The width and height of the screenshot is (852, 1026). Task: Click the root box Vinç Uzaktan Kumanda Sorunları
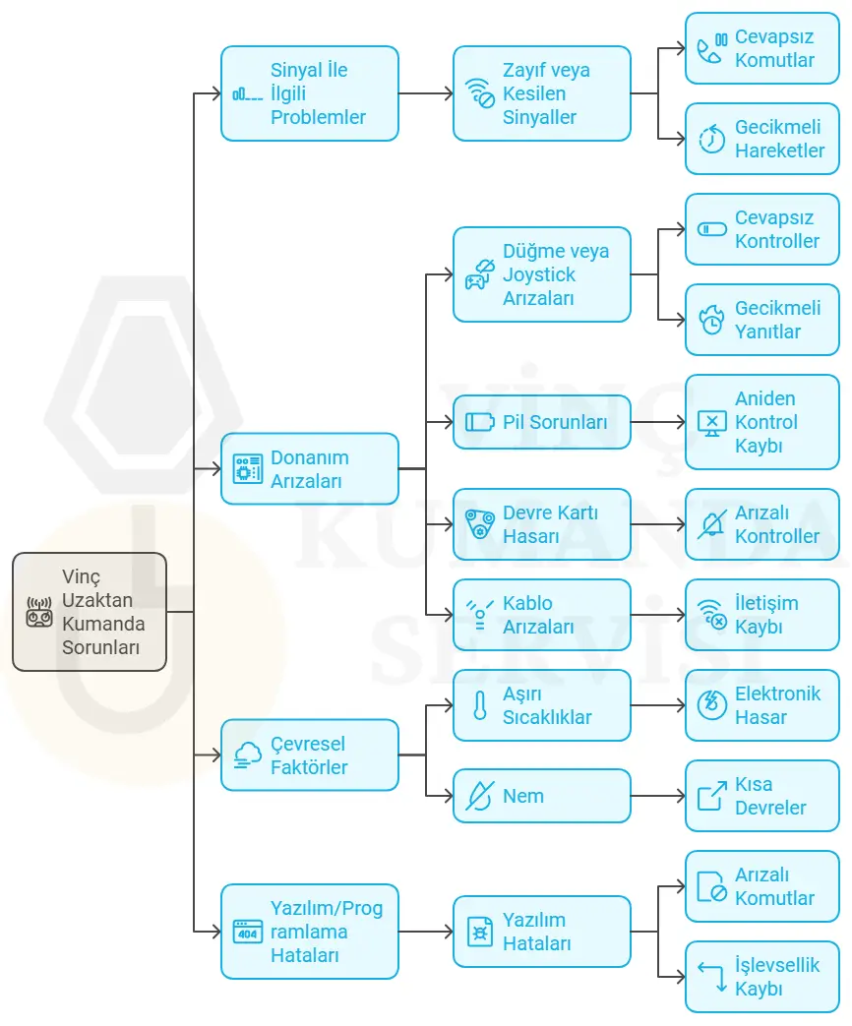[90, 612]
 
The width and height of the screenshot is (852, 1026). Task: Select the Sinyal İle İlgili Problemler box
[310, 93]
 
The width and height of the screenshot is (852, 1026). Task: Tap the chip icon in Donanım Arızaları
[248, 468]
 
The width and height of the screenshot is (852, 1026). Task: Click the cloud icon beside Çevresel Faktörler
[248, 755]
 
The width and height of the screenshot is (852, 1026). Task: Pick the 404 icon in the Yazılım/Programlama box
[248, 932]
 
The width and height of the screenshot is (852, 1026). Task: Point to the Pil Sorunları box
[542, 422]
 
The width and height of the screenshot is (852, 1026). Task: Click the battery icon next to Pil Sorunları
[480, 422]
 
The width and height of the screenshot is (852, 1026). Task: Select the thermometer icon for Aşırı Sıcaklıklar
[480, 705]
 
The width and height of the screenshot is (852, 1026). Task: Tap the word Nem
[522, 796]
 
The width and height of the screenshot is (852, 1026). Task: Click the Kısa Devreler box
[762, 796]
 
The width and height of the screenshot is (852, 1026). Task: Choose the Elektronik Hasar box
[762, 705]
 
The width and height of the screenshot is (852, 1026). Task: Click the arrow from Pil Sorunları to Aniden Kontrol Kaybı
[658, 422]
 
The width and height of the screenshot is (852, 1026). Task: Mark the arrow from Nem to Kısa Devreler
[658, 796]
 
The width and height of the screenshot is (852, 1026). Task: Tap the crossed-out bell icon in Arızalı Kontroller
[712, 524]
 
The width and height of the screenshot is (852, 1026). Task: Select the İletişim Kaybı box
[762, 615]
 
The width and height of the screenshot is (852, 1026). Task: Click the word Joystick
[538, 274]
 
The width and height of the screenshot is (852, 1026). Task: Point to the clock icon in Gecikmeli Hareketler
[712, 139]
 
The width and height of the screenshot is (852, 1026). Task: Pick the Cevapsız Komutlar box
[762, 48]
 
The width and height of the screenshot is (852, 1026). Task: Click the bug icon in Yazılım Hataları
[480, 932]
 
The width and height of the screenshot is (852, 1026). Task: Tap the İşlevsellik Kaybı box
[762, 977]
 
